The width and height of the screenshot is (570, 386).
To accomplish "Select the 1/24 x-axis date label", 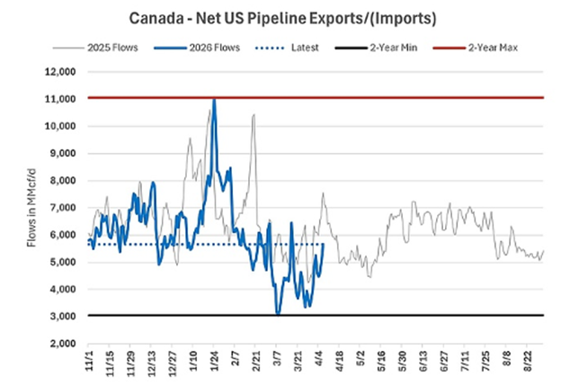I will pyautogui.click(x=215, y=364).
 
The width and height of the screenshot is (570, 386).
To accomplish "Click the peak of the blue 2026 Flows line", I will pyautogui.click(x=213, y=99).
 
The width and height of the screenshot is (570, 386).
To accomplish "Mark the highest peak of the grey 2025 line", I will pyautogui.click(x=254, y=114).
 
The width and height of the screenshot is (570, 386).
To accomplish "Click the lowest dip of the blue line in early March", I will pyautogui.click(x=278, y=312).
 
